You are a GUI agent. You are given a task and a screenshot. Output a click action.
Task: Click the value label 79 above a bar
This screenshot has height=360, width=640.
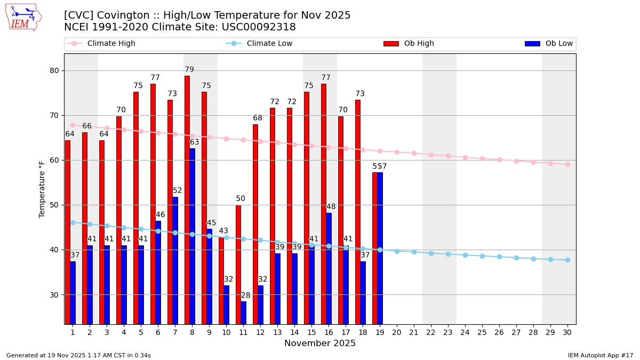tap(189, 70)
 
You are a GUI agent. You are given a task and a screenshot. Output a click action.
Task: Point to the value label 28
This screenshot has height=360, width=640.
tap(245, 295)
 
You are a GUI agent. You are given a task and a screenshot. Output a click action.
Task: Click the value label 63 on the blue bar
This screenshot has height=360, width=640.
tap(194, 142)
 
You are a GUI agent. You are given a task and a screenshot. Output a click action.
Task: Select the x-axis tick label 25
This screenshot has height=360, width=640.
tap(482, 332)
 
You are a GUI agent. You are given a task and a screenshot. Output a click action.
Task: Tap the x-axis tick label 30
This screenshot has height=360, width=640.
tap(567, 332)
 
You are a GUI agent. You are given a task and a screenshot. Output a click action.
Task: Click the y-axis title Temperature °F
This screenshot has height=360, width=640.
tap(42, 189)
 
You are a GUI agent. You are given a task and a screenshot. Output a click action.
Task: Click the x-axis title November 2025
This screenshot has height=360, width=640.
tap(320, 343)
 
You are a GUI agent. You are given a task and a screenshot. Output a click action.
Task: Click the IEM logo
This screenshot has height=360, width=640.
tap(23, 17)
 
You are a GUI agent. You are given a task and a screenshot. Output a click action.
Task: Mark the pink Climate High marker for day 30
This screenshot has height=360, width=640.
tap(567, 164)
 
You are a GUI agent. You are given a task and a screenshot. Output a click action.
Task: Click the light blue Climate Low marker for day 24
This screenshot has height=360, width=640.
tap(465, 255)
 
